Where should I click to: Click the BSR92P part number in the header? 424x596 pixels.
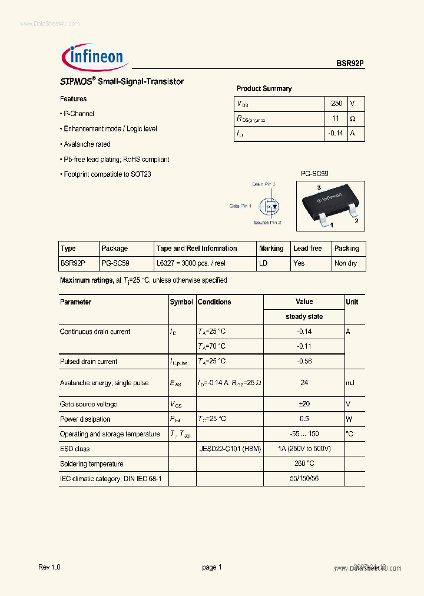coord(350,64)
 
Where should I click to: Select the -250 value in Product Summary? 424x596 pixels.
coord(335,103)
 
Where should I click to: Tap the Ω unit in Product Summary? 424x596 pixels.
coord(353,118)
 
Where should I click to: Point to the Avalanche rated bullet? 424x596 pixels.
coord(86,144)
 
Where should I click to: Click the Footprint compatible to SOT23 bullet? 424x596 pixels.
coord(107,174)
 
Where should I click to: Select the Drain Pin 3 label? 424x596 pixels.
coord(264,184)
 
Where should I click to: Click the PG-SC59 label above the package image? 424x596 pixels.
coord(314,174)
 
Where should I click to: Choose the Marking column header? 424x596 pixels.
coord(271,249)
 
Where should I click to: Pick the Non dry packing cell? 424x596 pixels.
coord(346,263)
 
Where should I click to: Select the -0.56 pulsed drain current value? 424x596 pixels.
coord(304,362)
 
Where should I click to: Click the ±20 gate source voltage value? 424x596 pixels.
coord(304,404)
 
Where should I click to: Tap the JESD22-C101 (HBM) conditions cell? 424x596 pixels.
coord(229,449)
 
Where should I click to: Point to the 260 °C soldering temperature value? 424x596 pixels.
coord(304,463)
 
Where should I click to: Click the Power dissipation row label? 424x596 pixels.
coord(85,419)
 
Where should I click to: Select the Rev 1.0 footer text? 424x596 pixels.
coord(49,567)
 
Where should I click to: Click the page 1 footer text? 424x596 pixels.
coord(212,567)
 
